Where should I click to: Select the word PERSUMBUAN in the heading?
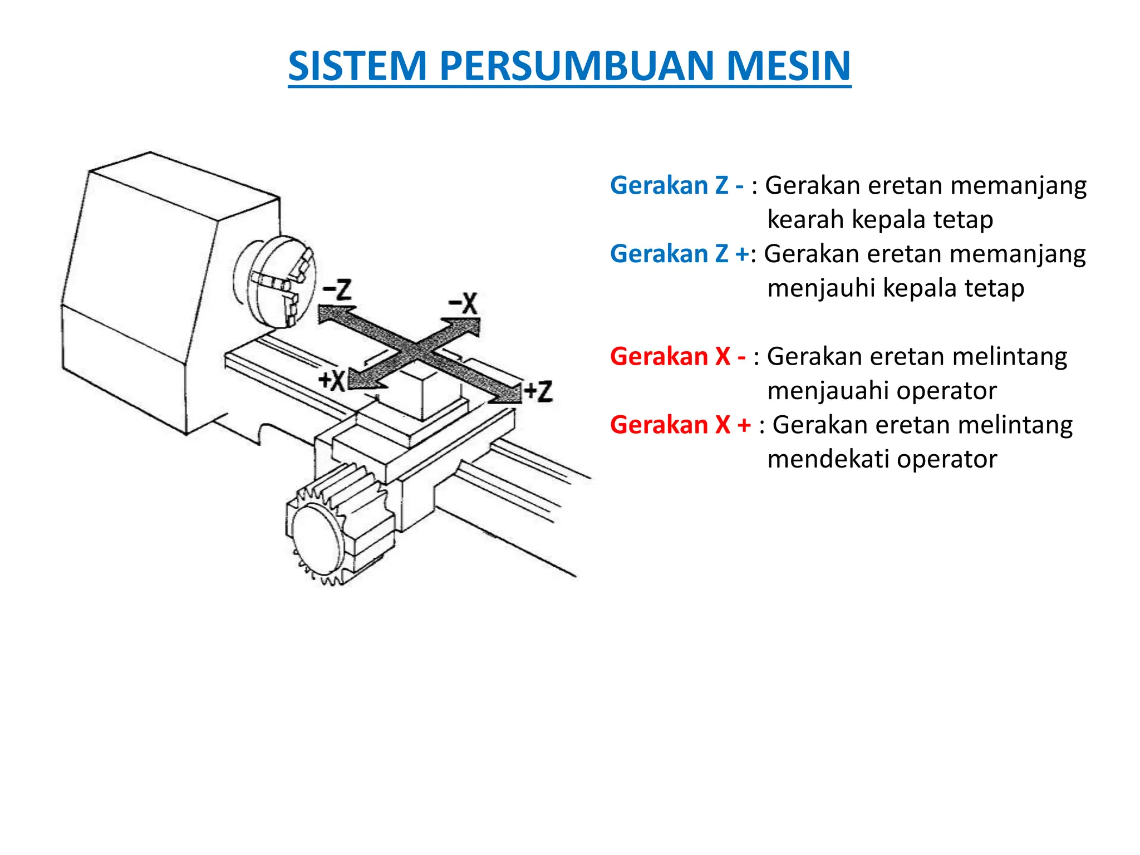coord(576,66)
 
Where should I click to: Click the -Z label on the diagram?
coord(337,290)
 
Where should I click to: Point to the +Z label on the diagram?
coord(538,391)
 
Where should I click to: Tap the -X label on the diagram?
coord(463,304)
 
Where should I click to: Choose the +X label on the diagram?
coord(332,381)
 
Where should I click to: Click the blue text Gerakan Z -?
coord(676,185)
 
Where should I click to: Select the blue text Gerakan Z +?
coord(679,254)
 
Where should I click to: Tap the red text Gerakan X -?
coord(677,356)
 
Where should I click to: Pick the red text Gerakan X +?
coord(680,425)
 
